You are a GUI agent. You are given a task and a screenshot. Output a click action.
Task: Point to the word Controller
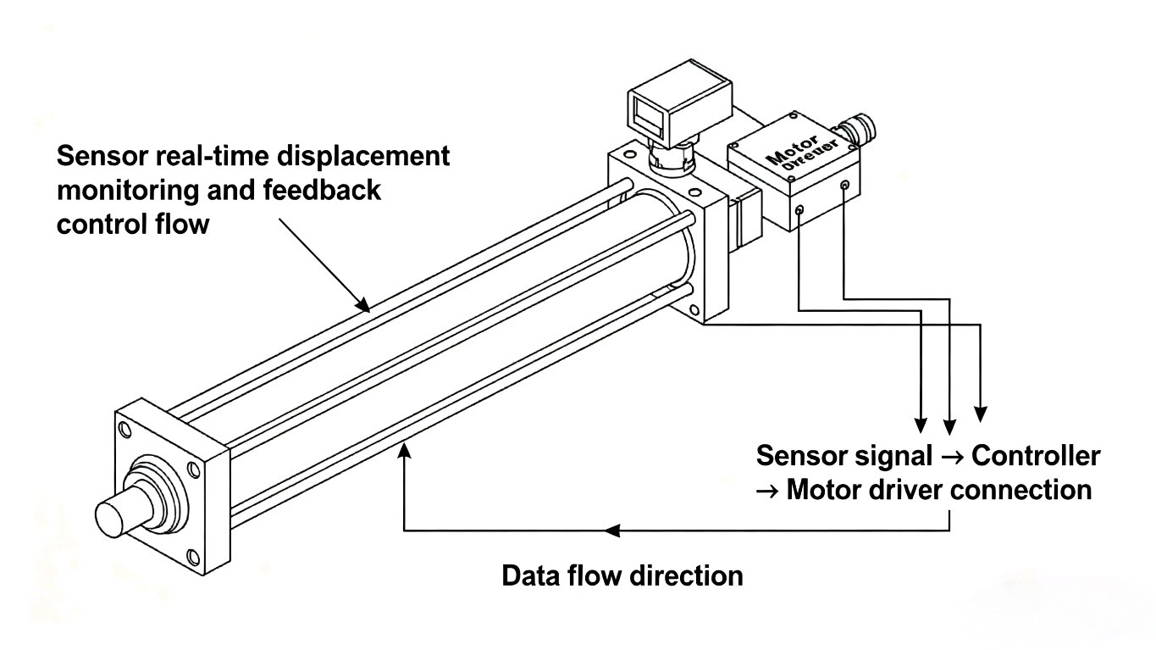tap(1036, 456)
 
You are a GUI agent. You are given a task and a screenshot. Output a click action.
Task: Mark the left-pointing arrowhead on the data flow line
tap(611, 531)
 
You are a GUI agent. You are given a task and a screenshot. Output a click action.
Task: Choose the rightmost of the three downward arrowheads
tap(981, 414)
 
